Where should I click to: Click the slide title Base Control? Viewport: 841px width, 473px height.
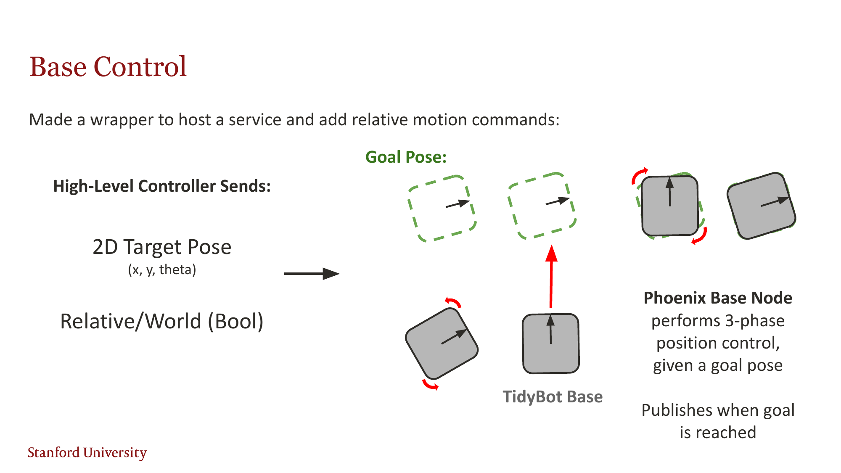point(108,67)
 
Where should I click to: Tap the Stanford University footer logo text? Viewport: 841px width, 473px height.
point(87,452)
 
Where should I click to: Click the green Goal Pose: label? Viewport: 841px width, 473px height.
point(406,157)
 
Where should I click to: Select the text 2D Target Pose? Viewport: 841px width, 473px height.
point(162,247)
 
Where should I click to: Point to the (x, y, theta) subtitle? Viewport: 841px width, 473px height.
point(162,270)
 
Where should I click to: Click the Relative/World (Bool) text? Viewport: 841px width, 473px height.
point(162,321)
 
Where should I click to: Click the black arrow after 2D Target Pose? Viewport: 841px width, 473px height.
point(311,274)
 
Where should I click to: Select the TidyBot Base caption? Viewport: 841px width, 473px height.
point(553,396)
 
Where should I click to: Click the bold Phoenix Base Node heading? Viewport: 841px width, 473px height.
point(718,298)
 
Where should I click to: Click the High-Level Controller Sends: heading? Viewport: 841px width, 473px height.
point(162,186)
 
